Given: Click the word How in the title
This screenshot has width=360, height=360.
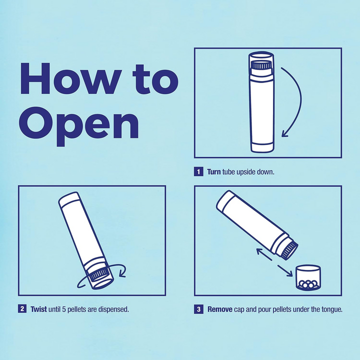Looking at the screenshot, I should click(x=75, y=80).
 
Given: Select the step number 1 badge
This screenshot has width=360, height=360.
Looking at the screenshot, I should click(x=198, y=172).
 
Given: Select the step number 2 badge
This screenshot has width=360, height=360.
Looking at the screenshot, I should click(x=22, y=309).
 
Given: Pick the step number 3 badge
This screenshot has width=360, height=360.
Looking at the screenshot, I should click(x=198, y=309).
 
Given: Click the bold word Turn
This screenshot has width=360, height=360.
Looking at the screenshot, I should click(x=214, y=172).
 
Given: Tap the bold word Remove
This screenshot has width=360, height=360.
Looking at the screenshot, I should click(x=220, y=309).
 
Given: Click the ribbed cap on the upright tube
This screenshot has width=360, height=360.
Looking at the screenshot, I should click(x=261, y=65).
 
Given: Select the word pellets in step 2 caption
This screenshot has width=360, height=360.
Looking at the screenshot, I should click(x=77, y=309).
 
